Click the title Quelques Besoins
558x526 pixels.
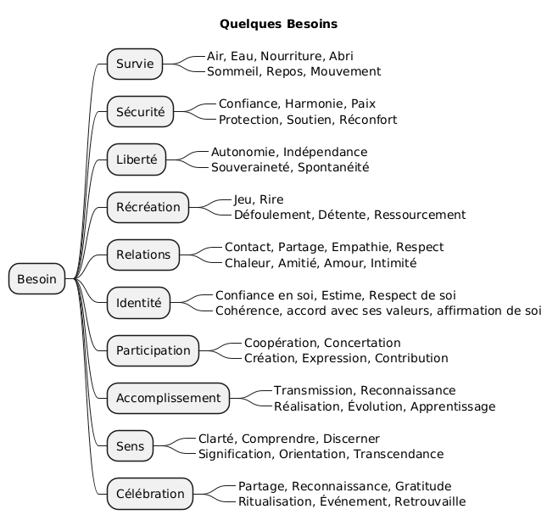[x=278, y=23]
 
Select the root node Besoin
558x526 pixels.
[x=37, y=278]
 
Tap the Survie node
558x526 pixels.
[x=135, y=64]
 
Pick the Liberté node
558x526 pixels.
[x=137, y=159]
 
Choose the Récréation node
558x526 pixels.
[x=148, y=207]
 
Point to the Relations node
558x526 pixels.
[x=143, y=255]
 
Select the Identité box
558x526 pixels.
[x=139, y=302]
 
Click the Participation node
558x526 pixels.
[x=153, y=350]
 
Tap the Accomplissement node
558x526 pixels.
[x=168, y=398]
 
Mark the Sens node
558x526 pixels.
[x=131, y=446]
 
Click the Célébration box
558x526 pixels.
[x=150, y=494]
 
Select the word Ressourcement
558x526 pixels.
[x=420, y=215]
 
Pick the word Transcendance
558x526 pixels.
[x=403, y=454]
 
